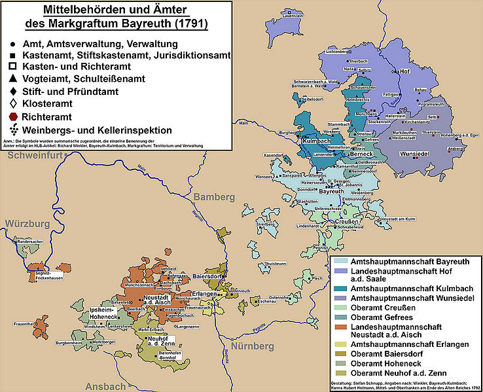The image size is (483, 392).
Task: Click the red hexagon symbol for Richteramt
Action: click(x=13, y=116)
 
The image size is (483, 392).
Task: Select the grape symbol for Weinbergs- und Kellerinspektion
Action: click(x=13, y=130)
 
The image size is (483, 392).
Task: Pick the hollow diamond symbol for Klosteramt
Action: click(x=13, y=103)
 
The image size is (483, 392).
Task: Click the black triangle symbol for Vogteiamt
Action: click(x=13, y=78)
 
